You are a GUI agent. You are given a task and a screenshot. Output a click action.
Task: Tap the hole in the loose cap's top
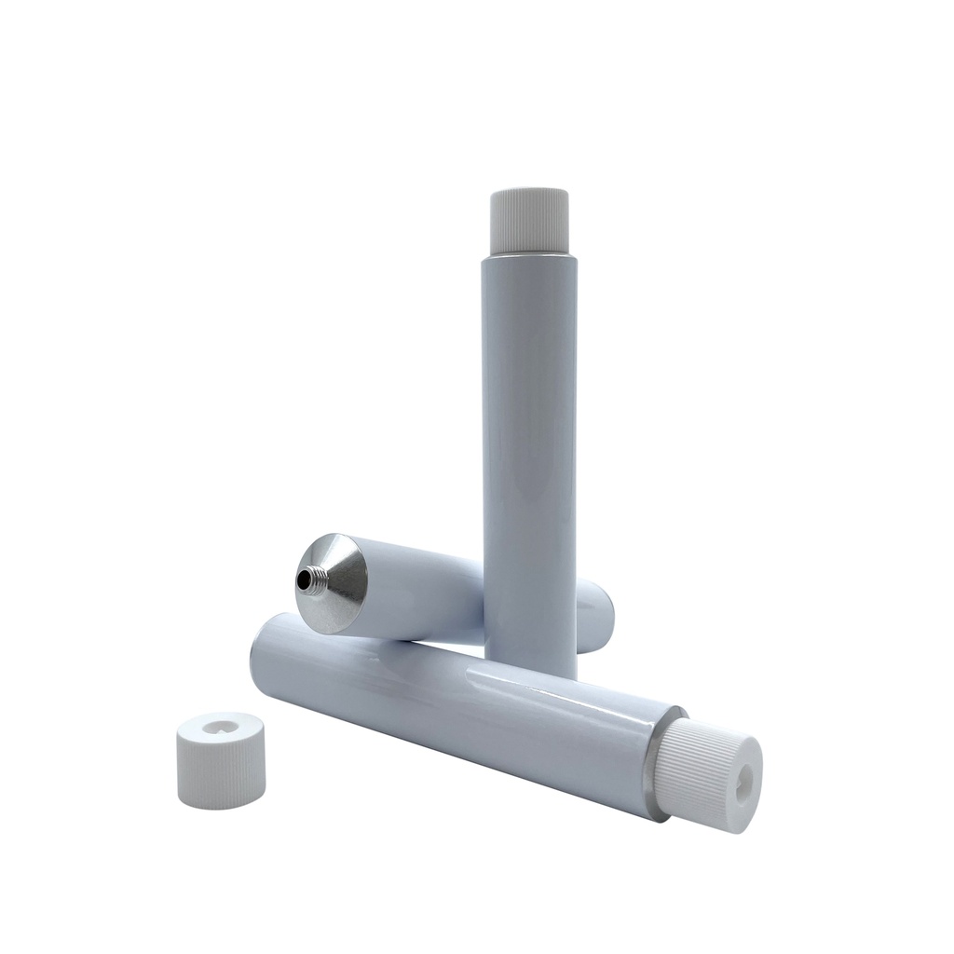point(220,726)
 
